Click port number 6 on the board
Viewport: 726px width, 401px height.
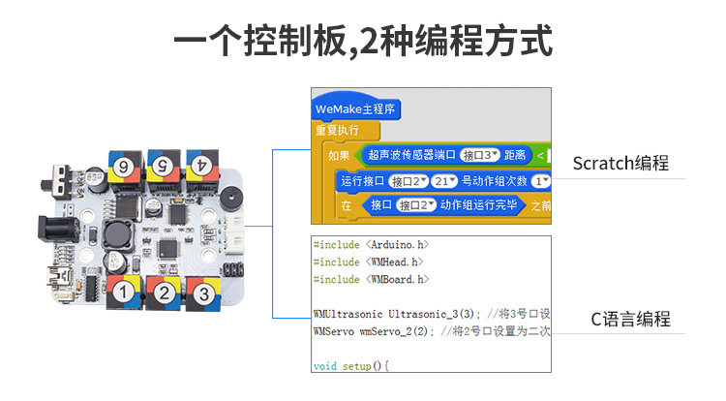click(x=124, y=167)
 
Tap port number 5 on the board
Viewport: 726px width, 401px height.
click(x=163, y=165)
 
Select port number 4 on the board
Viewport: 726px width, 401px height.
click(x=201, y=165)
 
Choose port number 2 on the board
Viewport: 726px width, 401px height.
click(x=166, y=292)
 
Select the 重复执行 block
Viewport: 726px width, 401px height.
click(x=338, y=130)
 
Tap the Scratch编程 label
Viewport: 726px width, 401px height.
click(x=620, y=163)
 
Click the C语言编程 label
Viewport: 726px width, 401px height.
click(x=630, y=319)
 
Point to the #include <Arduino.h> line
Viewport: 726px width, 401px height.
click(x=371, y=245)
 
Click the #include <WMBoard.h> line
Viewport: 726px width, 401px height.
click(x=370, y=279)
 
